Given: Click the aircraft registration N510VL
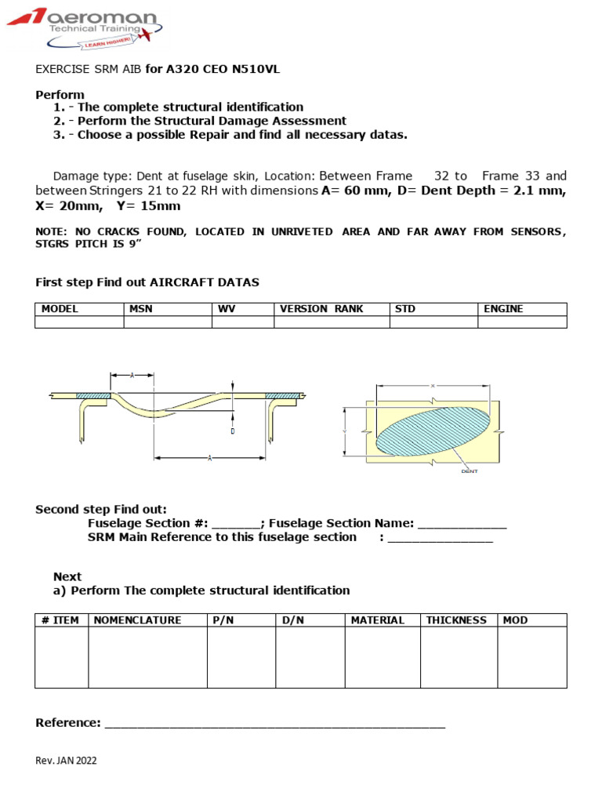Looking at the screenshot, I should pos(252,69).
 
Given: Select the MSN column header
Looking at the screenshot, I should pos(140,309).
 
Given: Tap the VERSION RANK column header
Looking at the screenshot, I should pos(321,309).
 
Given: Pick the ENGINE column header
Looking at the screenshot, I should pos(503,309).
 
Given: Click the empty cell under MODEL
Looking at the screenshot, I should pos(79,322).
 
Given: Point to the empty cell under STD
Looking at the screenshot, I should pos(433,322).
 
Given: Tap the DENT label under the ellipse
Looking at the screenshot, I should pos(469,471).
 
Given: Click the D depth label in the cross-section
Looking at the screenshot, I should pos(233,431).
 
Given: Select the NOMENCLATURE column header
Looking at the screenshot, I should pos(137,620).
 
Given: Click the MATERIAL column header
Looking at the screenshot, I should pos(378,620).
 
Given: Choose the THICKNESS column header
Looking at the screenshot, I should pos(456,620).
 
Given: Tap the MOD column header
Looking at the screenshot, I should pos(515,620).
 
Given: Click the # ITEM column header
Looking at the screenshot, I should pos(60,620).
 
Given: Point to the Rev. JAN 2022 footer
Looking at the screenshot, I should pos(67,761).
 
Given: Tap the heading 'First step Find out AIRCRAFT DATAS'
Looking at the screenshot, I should pos(147,282).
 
